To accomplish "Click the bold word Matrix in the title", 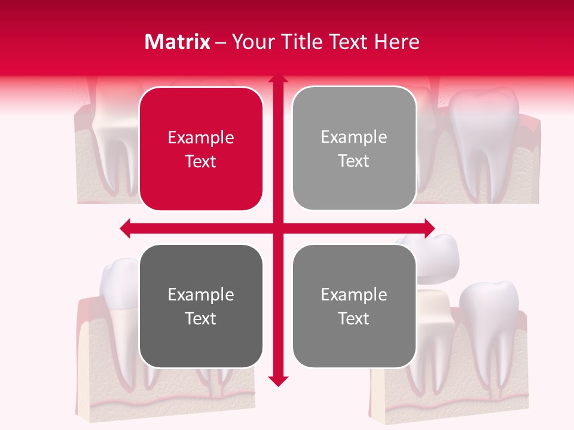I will pyautogui.click(x=177, y=42).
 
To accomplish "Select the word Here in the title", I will pyautogui.click(x=396, y=42).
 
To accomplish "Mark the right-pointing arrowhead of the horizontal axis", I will pyautogui.click(x=429, y=228).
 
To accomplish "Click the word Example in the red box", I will pyautogui.click(x=201, y=138).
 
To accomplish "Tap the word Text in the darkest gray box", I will pyautogui.click(x=201, y=318).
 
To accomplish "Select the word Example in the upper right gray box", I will pyautogui.click(x=354, y=137).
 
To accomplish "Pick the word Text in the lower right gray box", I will pyautogui.click(x=354, y=318).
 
